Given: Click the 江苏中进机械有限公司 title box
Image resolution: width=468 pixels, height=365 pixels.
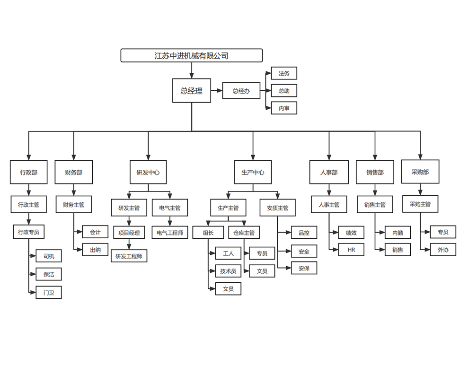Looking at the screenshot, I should click(x=192, y=55).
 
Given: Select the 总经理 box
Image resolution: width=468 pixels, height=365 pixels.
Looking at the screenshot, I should click(x=192, y=91).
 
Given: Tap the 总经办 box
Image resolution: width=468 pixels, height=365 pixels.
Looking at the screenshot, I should click(x=241, y=91).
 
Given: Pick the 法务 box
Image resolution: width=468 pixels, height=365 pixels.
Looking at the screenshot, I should click(x=284, y=73).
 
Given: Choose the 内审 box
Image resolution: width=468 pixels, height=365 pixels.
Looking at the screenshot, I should click(x=284, y=108).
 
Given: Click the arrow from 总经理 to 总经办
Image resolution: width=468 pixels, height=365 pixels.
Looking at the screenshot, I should click(x=217, y=90).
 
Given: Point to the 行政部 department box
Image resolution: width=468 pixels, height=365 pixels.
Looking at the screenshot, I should click(x=28, y=172).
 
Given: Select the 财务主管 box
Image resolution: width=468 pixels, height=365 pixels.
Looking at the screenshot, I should click(x=74, y=205).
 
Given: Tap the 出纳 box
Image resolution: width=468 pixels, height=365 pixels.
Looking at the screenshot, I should click(x=95, y=250).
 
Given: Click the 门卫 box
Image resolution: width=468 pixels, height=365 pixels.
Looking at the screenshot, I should click(x=49, y=293).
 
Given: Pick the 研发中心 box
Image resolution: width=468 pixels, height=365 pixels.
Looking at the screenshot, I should click(x=148, y=172).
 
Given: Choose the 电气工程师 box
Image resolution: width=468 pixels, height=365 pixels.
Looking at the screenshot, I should click(x=170, y=232).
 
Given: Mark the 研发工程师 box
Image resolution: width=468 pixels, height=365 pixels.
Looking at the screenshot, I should click(x=129, y=256).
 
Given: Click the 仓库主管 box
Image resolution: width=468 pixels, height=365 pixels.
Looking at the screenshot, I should click(x=244, y=233).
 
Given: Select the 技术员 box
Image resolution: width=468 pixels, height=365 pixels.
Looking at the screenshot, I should click(x=228, y=271).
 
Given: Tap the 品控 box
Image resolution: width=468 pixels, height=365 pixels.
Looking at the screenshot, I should click(x=304, y=233).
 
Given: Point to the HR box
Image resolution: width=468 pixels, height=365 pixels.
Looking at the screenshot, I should click(x=351, y=250).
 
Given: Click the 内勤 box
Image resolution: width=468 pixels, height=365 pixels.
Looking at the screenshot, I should click(x=397, y=233).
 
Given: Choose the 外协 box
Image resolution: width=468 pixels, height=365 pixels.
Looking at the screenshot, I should click(x=443, y=250).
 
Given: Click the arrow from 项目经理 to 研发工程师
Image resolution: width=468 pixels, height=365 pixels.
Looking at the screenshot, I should click(x=129, y=244).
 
